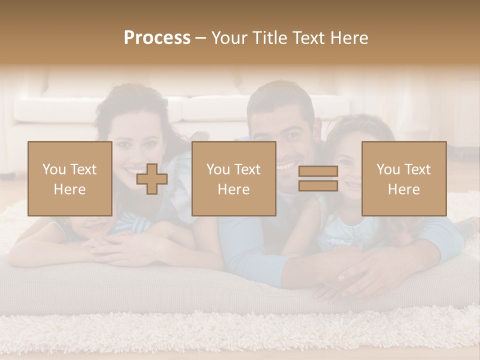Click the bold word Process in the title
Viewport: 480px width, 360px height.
coord(157,38)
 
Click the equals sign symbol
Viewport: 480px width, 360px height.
coord(318,178)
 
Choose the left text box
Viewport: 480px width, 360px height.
coord(69,179)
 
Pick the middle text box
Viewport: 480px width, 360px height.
coord(233,179)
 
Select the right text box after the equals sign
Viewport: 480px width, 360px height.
coord(403,179)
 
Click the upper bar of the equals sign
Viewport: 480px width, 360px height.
coord(318,171)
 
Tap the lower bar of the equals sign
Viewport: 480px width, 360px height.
coord(318,185)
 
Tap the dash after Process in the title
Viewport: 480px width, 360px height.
coord(200,38)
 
